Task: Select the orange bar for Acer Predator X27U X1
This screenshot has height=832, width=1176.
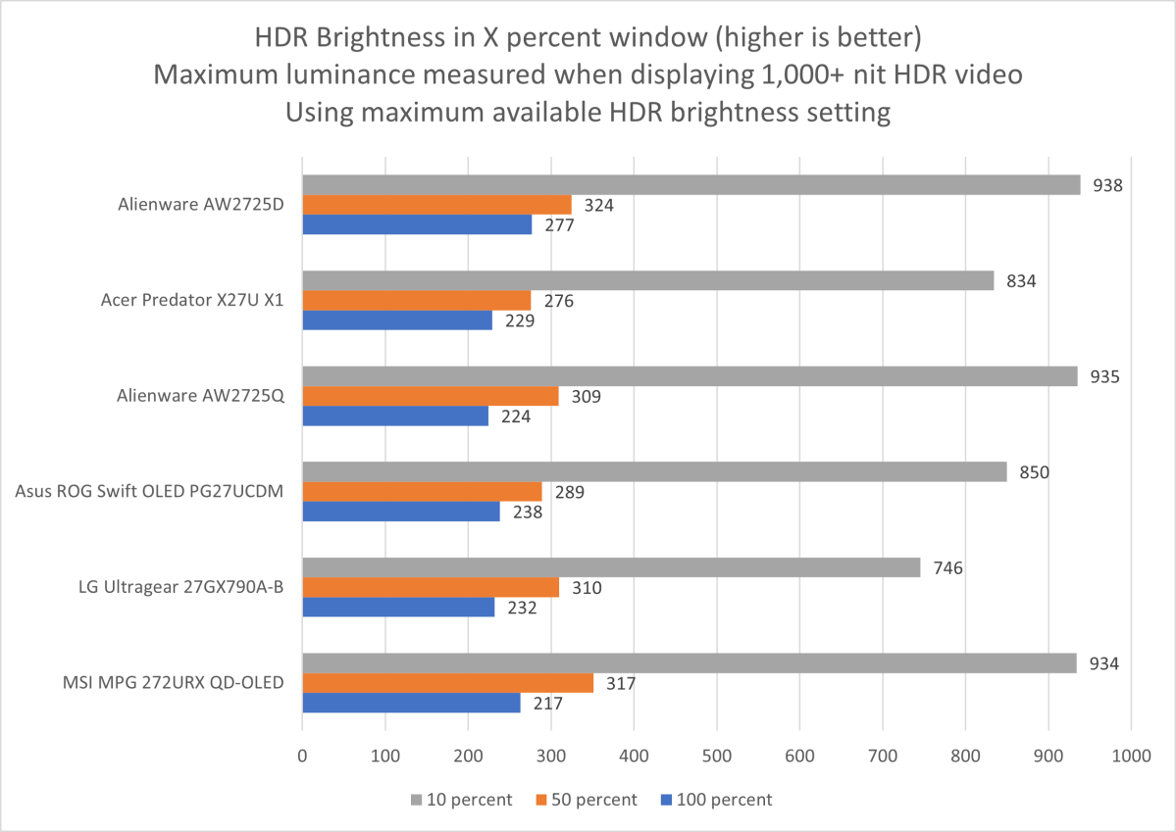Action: tap(416, 300)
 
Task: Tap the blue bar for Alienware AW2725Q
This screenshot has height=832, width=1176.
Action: tap(395, 416)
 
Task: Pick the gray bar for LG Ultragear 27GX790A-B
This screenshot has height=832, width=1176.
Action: tap(611, 567)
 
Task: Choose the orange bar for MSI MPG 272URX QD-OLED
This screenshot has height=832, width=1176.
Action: tap(447, 682)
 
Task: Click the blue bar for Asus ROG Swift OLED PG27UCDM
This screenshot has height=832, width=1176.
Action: tap(401, 511)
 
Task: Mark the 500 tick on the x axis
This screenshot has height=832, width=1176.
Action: tap(717, 757)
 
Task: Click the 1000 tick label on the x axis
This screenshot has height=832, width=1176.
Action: tap(1130, 757)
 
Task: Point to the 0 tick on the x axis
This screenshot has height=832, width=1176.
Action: tap(302, 757)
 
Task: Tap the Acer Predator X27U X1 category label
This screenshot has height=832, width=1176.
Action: tap(192, 300)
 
